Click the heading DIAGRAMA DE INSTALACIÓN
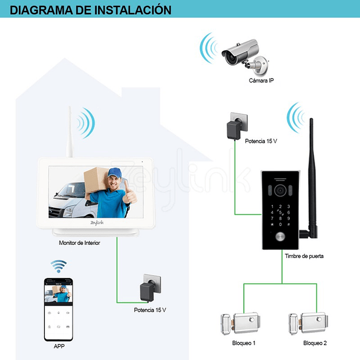coord(90,10)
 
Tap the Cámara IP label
coord(261,80)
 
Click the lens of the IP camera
coord(230,57)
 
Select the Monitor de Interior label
coord(80,243)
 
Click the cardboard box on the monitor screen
coord(95,180)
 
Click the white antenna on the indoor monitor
coord(69,132)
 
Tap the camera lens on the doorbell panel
coord(280,191)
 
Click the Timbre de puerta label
coord(304,256)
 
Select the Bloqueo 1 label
coord(244,343)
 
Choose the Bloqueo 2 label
coord(315,343)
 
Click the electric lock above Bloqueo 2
coord(308,324)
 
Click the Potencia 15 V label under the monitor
coord(150,310)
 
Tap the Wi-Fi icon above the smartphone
coord(58,266)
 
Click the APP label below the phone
coord(59,346)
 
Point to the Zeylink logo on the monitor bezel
coord(97,222)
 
